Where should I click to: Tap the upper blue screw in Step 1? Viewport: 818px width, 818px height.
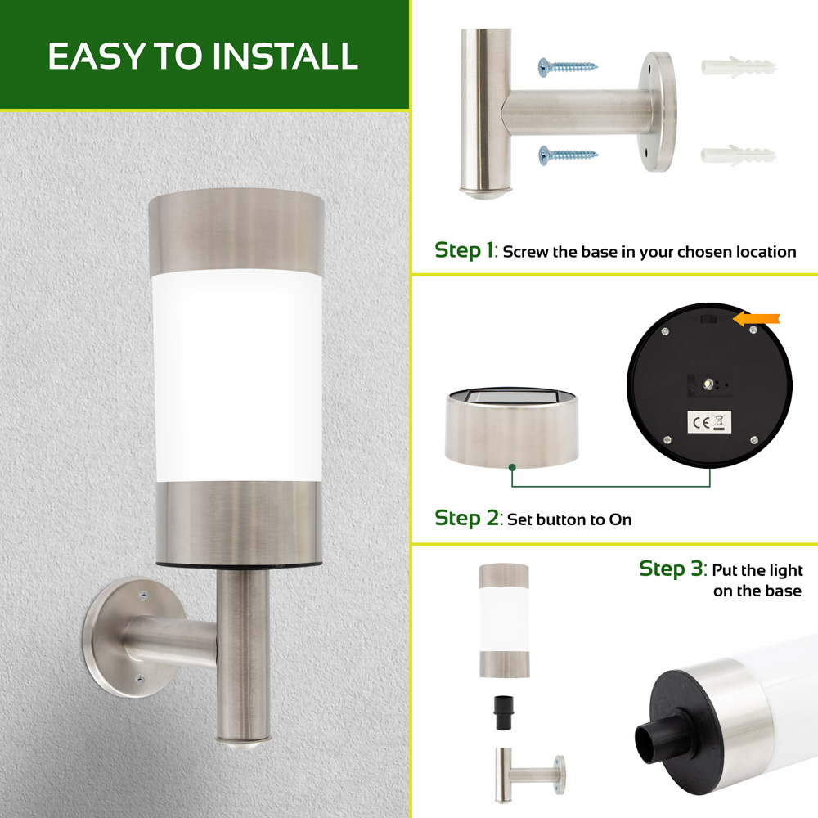pyautogui.click(x=568, y=67)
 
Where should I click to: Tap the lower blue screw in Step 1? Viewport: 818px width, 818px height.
pyautogui.click(x=568, y=155)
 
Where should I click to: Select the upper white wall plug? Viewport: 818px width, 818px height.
pyautogui.click(x=738, y=67)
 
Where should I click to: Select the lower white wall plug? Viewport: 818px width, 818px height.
pyautogui.click(x=738, y=155)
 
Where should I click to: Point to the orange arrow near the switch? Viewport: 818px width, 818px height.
pyautogui.click(x=757, y=319)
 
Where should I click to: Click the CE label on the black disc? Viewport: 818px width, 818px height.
pyautogui.click(x=709, y=422)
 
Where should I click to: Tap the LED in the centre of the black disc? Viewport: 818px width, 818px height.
pyautogui.click(x=708, y=384)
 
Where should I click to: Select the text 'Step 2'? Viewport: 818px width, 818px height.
pyautogui.click(x=467, y=518)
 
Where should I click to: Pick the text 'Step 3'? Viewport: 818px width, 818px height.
pyautogui.click(x=672, y=569)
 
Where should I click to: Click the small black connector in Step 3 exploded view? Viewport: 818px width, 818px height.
pyautogui.click(x=505, y=712)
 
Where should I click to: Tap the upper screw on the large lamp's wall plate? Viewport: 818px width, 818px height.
pyautogui.click(x=143, y=594)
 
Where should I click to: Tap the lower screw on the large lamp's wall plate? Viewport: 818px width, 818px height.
pyautogui.click(x=140, y=679)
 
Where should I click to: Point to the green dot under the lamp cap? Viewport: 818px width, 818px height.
pyautogui.click(x=512, y=467)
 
